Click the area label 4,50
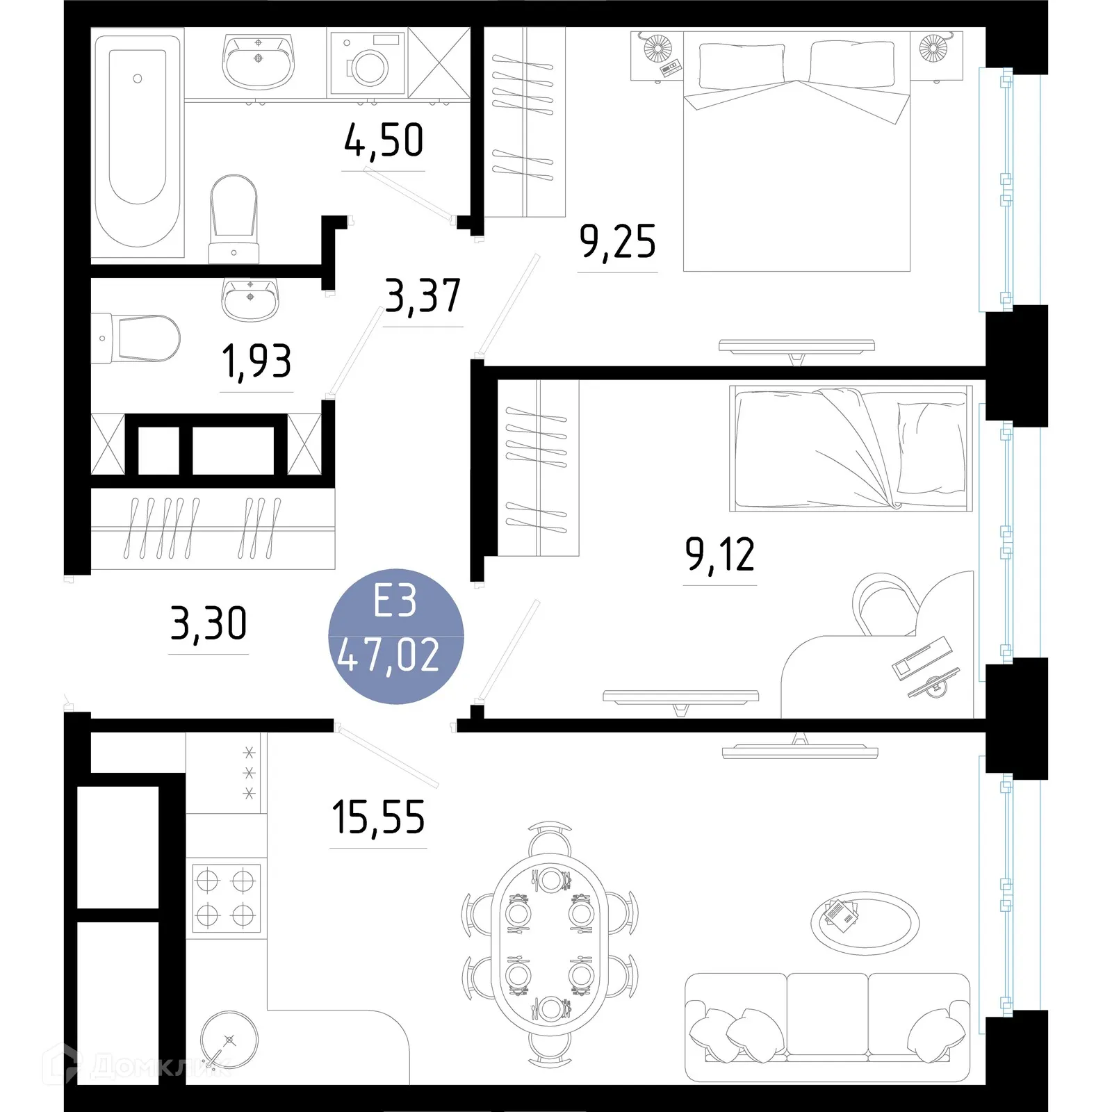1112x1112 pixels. coord(384,140)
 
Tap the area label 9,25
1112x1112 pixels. coord(617,242)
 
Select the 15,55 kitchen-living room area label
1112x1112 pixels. coord(378,817)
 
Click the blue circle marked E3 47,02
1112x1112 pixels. coord(395,636)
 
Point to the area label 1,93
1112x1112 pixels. coord(256,361)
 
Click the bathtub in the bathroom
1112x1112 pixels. coord(138,142)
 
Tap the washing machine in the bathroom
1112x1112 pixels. coord(367,64)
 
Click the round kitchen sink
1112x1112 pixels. coord(229,1040)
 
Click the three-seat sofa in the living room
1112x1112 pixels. coord(827,1027)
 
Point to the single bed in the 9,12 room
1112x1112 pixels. coord(851,448)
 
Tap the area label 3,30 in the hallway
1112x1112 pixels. coord(208,623)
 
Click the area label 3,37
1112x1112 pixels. coord(423,296)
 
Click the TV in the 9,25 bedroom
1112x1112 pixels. coord(796,345)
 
